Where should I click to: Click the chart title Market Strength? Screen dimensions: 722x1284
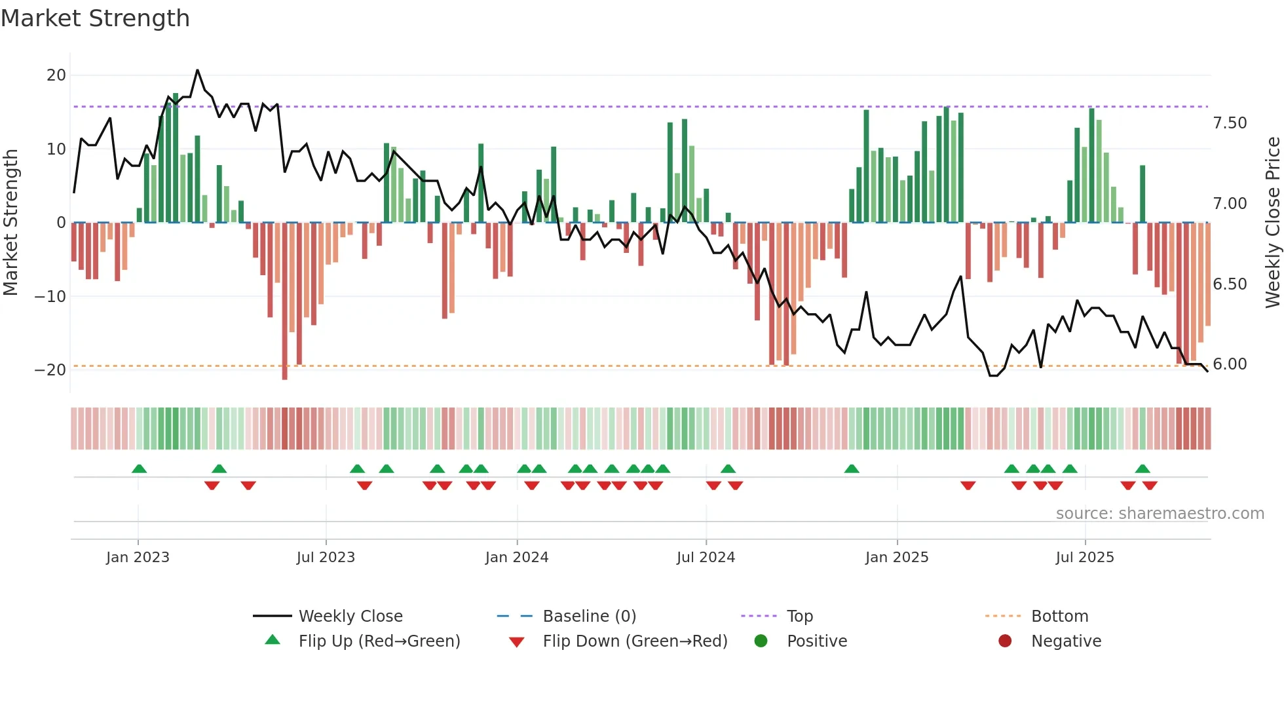pyautogui.click(x=95, y=18)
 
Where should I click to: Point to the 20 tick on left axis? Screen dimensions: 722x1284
pyautogui.click(x=56, y=75)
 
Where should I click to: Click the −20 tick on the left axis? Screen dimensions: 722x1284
pyautogui.click(x=50, y=370)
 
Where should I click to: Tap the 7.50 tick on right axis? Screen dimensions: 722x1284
pyautogui.click(x=1230, y=123)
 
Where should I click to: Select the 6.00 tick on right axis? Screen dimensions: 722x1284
pyautogui.click(x=1230, y=364)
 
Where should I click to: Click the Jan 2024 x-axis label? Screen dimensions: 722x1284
pyautogui.click(x=516, y=558)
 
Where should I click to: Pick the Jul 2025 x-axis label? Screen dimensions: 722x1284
pyautogui.click(x=1084, y=558)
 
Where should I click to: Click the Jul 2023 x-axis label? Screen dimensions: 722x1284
pyautogui.click(x=326, y=558)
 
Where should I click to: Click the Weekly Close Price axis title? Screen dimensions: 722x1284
pyautogui.click(x=1272, y=223)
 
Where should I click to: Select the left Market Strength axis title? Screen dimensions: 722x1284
pyautogui.click(x=10, y=223)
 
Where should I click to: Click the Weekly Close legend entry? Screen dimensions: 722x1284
pyautogui.click(x=350, y=617)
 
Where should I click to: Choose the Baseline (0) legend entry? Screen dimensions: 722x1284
pyautogui.click(x=589, y=617)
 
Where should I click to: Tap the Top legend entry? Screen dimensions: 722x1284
pyautogui.click(x=799, y=617)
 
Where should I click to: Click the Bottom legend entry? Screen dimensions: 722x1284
pyautogui.click(x=1059, y=617)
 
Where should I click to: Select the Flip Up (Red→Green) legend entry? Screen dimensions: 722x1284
pyautogui.click(x=379, y=641)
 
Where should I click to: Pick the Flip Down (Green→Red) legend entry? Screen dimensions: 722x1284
pyautogui.click(x=635, y=641)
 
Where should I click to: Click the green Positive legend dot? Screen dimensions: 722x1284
pyautogui.click(x=761, y=641)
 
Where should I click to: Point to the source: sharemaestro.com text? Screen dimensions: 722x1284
pyautogui.click(x=1160, y=514)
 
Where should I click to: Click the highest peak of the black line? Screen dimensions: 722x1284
pyautogui.click(x=197, y=70)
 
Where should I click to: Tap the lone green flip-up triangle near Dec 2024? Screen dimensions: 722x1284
pyautogui.click(x=852, y=469)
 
